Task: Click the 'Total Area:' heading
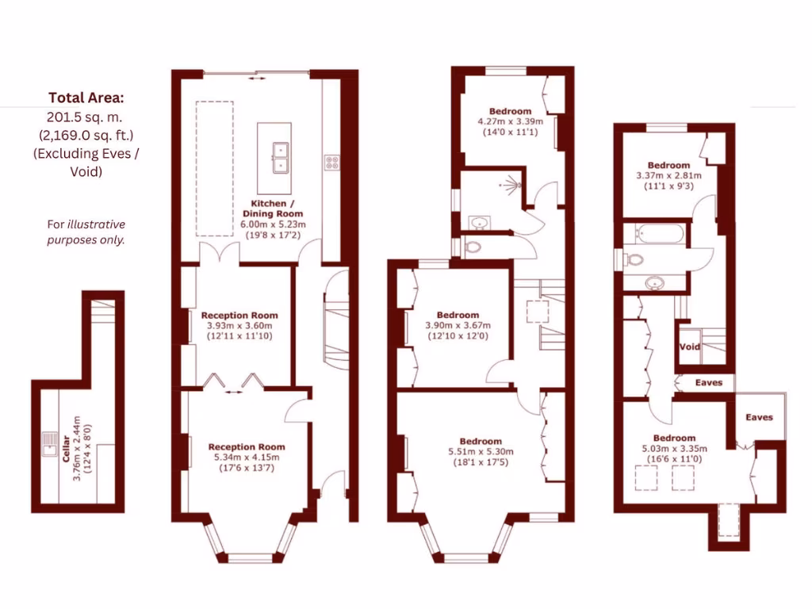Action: (86, 98)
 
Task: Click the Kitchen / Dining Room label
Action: (272, 209)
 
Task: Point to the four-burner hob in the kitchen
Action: (331, 163)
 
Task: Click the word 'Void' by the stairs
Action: (690, 347)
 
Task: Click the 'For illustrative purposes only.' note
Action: (86, 232)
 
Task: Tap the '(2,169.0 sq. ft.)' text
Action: (86, 136)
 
